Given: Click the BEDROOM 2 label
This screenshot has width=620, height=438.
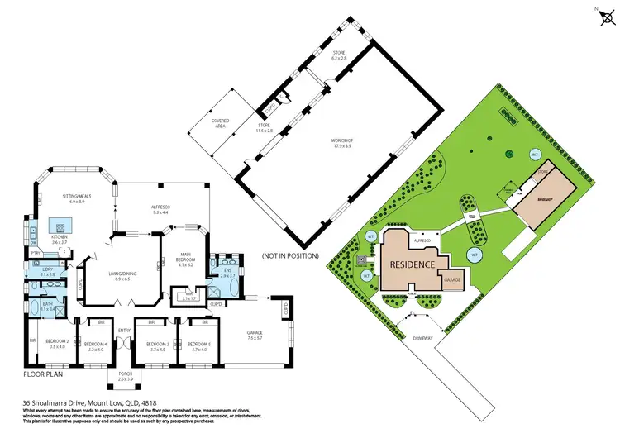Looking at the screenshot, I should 57,342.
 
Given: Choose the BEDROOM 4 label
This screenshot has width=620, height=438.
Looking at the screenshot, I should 96,344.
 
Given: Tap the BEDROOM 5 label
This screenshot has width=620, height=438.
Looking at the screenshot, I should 198,344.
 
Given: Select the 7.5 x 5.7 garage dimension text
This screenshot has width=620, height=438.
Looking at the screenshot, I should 254,338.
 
